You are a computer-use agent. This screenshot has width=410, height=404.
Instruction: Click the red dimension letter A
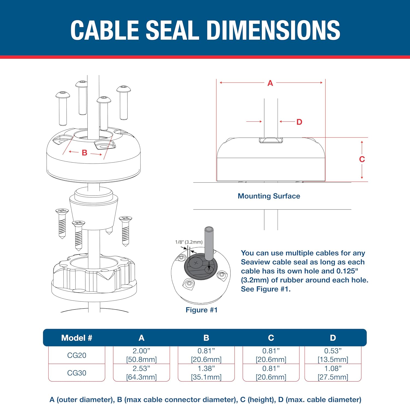tap(270, 83)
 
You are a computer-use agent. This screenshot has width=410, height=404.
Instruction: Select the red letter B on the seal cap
tap(84, 153)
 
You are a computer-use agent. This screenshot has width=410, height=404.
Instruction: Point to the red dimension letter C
tap(362, 159)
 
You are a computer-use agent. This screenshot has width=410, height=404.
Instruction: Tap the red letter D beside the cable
tap(299, 122)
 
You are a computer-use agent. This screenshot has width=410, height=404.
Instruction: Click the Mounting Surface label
tap(269, 196)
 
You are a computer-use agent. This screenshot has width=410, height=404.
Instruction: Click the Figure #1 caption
tap(201, 310)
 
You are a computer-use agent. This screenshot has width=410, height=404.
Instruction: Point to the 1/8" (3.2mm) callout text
tap(189, 242)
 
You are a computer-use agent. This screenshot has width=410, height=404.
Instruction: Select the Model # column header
tap(77, 338)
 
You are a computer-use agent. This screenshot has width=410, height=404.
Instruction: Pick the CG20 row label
tap(77, 355)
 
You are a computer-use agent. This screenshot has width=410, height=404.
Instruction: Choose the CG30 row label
tap(77, 373)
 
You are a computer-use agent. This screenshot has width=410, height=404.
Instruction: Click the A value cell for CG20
tap(141, 355)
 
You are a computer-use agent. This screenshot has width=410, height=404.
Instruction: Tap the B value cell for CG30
tap(206, 373)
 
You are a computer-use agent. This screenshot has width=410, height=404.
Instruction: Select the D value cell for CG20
tap(333, 355)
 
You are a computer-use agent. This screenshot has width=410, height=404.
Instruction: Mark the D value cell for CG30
tap(333, 373)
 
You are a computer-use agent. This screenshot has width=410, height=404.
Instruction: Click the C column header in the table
tap(271, 338)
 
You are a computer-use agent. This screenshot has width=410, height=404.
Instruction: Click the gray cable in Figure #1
tap(209, 243)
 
